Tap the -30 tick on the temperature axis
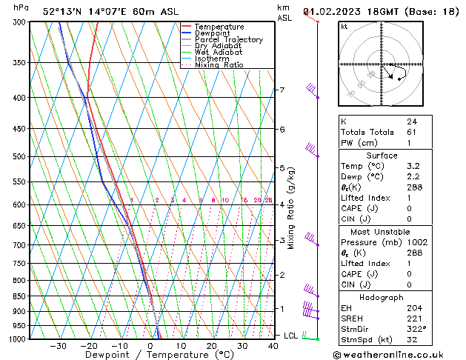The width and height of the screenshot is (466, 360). pos(58,346)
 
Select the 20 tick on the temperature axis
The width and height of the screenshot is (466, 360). pos(212,346)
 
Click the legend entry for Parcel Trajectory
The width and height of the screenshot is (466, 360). pos(228,39)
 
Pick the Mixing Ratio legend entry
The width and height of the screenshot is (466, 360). pos(219,65)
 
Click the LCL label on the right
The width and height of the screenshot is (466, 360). pos(291,336)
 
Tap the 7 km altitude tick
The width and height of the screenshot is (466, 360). pos(282,90)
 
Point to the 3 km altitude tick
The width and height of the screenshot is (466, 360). pos(282,240)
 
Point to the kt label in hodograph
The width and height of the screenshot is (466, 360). pos(344,26)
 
